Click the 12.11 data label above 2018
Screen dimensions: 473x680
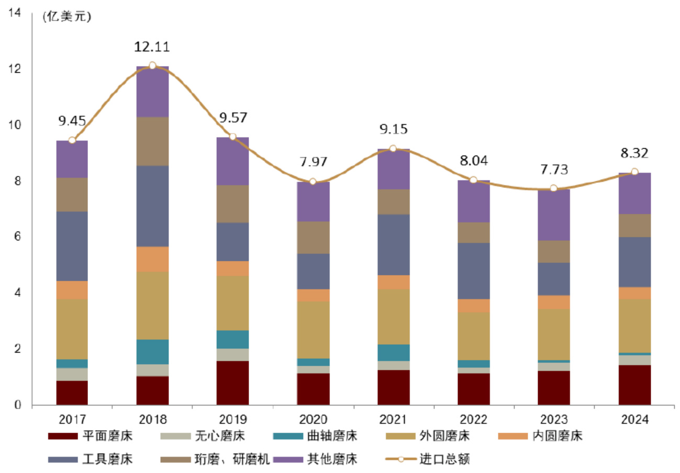click(152, 47)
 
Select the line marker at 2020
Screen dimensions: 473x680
click(313, 181)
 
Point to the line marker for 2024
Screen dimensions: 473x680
click(634, 172)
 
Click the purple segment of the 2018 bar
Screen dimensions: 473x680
click(152, 92)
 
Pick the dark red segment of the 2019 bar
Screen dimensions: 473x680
click(233, 383)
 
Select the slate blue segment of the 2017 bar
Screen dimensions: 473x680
click(72, 246)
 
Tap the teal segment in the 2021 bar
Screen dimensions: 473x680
click(393, 353)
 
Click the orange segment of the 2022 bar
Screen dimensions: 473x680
click(473, 305)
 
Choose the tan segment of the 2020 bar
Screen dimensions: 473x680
click(313, 329)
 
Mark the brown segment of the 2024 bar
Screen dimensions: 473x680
click(634, 225)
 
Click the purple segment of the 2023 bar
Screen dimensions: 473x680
click(553, 215)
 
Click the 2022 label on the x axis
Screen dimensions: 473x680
click(473, 420)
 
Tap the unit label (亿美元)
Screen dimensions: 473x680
click(66, 16)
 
